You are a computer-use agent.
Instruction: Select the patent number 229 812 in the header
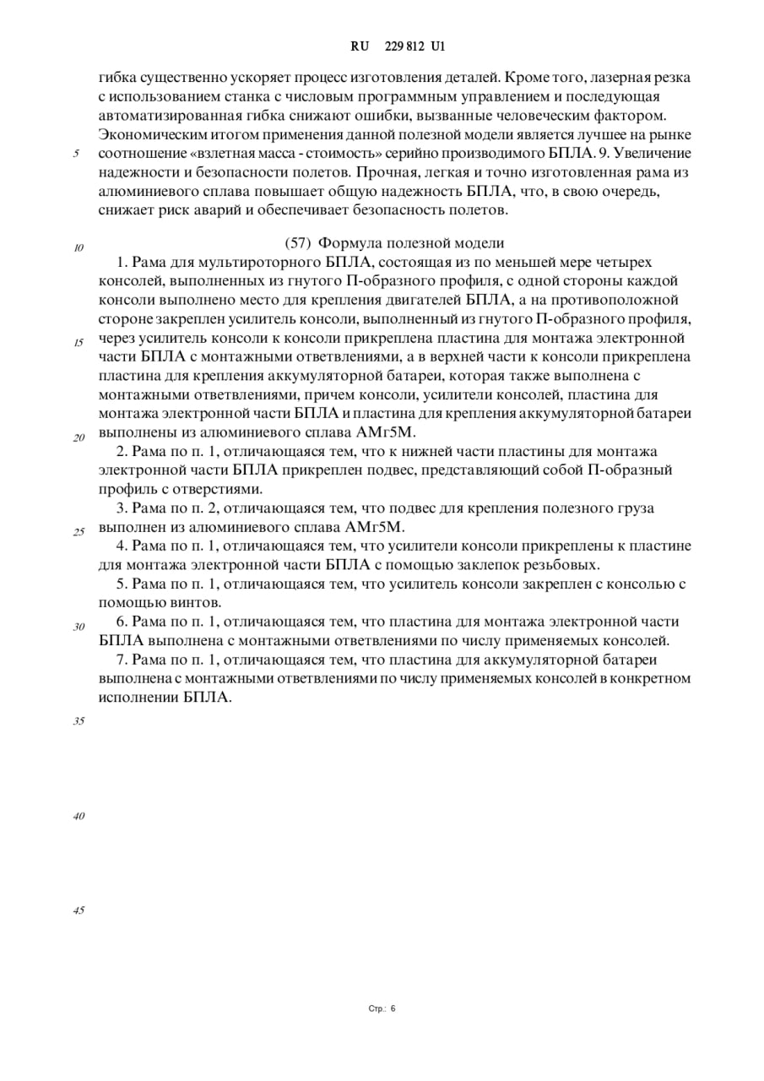click(399, 47)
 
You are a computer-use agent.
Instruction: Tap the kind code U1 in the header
click(437, 47)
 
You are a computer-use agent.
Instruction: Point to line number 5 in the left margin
click(76, 154)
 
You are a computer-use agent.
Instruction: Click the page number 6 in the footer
click(393, 1008)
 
